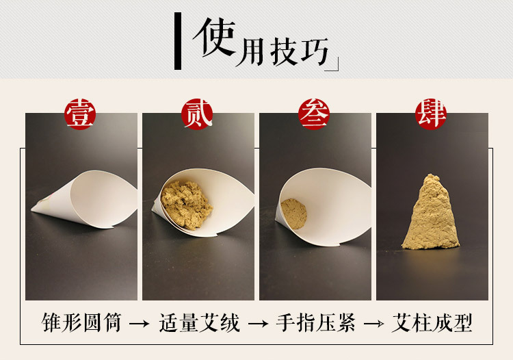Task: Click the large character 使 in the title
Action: pos(215,37)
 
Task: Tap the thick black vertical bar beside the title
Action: pos(178,41)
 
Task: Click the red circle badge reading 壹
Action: pos(80,114)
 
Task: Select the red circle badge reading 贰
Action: pos(197,114)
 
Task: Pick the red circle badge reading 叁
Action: pos(314,114)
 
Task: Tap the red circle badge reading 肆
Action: pos(431,114)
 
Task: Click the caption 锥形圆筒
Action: pos(81,322)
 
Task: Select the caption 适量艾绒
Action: pos(200,322)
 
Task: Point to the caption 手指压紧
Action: pos(316,322)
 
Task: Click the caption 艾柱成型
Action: pos(432,322)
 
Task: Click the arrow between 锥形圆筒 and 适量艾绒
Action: pos(140,324)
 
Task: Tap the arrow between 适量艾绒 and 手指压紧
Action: pos(258,324)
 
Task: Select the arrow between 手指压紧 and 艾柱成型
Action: pos(374,324)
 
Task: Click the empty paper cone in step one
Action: pos(88,200)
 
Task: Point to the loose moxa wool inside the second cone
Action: pos(186,205)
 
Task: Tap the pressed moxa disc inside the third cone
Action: pos(293,214)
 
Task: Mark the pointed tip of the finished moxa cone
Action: pos(430,175)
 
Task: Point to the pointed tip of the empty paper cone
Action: pos(31,209)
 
